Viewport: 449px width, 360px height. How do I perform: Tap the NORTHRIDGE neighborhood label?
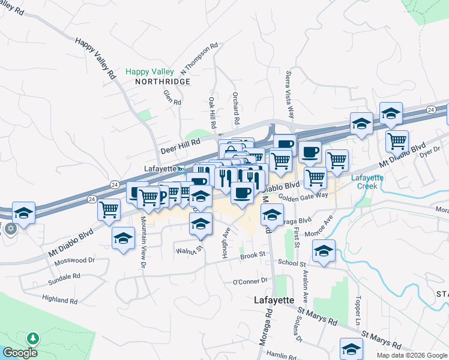162,82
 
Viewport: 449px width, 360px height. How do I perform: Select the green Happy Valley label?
149,72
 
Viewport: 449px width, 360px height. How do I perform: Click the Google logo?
20,353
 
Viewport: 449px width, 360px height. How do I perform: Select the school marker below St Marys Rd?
351,347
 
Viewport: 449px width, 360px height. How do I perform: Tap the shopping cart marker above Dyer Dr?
397,140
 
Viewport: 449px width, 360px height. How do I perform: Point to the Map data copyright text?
412,355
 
